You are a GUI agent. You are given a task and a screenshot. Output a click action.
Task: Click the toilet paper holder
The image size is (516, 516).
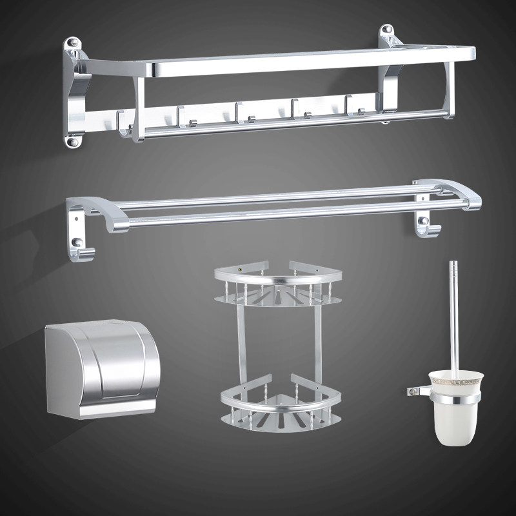pyautogui.click(x=100, y=368)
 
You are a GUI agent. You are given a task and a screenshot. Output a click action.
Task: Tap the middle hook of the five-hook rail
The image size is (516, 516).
pyautogui.click(x=241, y=115)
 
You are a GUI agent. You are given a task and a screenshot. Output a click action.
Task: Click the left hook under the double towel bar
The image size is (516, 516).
pyautogui.click(x=83, y=248)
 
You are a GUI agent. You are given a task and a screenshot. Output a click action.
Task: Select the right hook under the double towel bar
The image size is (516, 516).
pyautogui.click(x=424, y=226)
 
